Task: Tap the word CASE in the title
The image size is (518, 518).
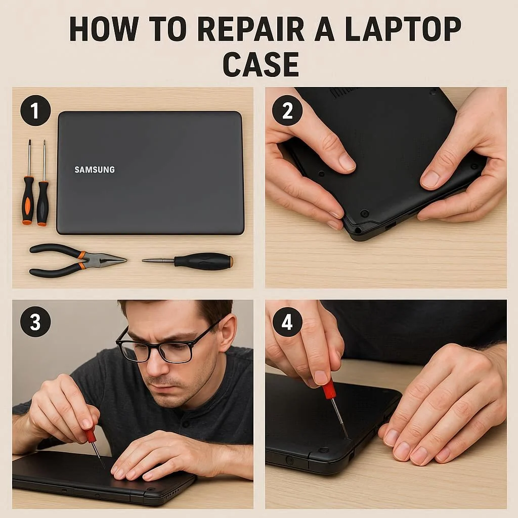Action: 261,64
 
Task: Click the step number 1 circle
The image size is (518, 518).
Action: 36,110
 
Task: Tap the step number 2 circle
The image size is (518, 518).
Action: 287,110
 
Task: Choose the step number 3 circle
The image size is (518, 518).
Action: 36,322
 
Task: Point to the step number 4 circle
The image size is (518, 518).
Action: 287,322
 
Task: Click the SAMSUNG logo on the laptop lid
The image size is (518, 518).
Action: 95,170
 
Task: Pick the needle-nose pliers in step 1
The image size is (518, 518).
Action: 77,260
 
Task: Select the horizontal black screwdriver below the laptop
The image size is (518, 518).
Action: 188,260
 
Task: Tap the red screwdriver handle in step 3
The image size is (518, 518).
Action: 90,435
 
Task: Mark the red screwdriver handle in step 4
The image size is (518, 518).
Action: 329,388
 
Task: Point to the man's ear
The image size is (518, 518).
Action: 228,334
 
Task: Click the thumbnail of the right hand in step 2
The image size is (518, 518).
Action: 430,179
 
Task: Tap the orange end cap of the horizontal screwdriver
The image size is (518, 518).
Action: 231,261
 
